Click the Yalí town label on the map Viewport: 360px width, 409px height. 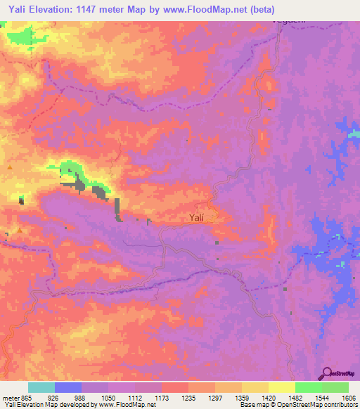[197, 218]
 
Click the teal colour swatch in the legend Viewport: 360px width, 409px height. [41, 387]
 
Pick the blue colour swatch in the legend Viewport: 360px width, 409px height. [68, 387]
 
